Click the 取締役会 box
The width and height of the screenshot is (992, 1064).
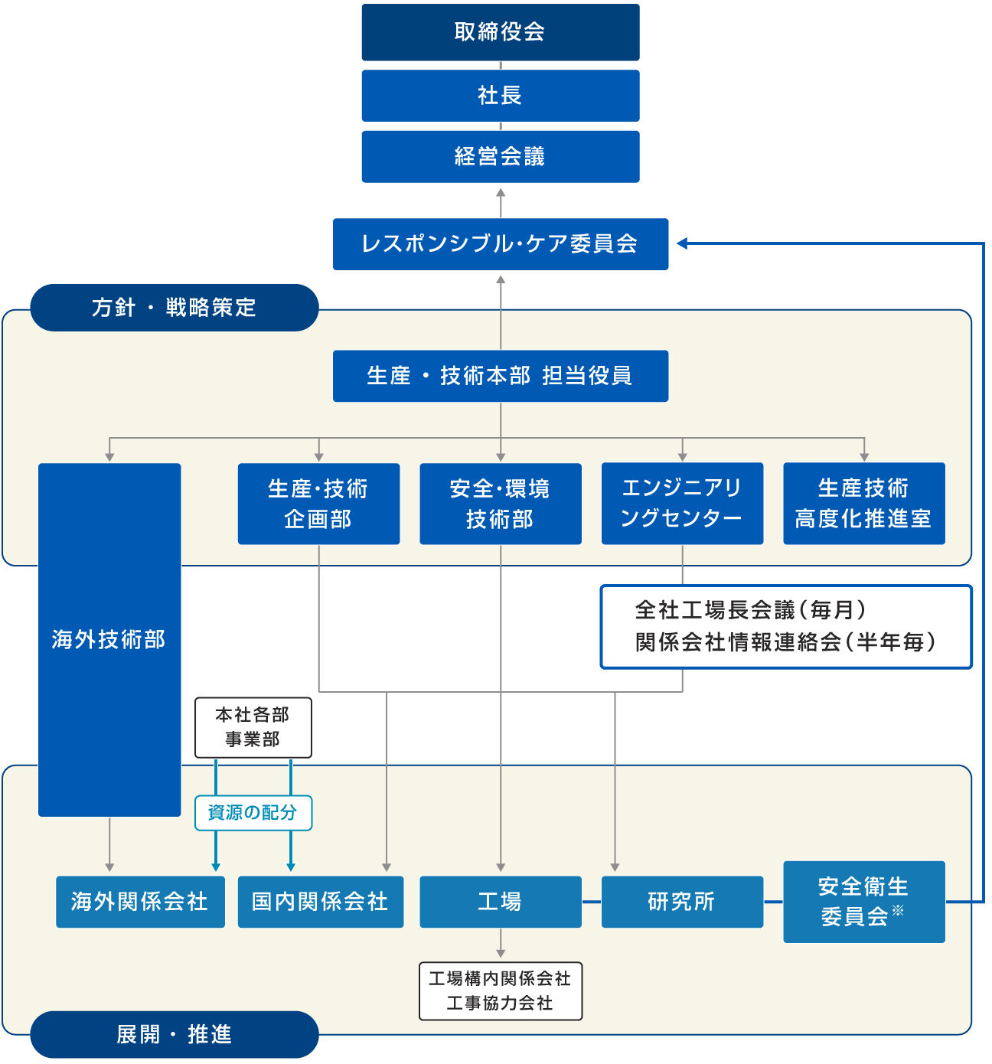pos(500,32)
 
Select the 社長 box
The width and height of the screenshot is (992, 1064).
pos(500,96)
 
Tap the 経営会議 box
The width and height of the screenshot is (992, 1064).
pos(500,157)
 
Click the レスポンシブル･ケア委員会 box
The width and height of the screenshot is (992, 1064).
pos(500,244)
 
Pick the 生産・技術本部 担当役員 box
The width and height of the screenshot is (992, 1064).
pos(500,376)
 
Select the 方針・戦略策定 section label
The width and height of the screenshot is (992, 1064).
pos(174,308)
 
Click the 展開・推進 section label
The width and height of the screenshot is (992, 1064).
pos(174,1035)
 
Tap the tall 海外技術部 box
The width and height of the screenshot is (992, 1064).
pos(109,639)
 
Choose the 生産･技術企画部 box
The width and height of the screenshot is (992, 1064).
pos(318,504)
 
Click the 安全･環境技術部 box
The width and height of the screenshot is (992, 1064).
pos(500,504)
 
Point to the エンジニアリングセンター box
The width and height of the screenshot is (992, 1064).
pos(682,504)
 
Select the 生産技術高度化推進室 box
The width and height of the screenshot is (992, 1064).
pos(863,504)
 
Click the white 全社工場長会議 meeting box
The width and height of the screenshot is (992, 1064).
pos(785,627)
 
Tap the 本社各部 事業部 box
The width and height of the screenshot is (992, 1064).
pos(253,727)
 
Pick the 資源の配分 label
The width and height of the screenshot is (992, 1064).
pos(253,813)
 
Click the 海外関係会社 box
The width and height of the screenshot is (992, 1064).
pos(140,902)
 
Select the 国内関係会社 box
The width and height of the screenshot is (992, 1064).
pos(320,902)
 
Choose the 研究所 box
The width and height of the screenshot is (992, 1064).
pos(682,902)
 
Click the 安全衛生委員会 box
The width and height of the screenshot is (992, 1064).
pos(863,902)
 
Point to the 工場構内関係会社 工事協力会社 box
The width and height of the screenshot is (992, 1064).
pos(500,991)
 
